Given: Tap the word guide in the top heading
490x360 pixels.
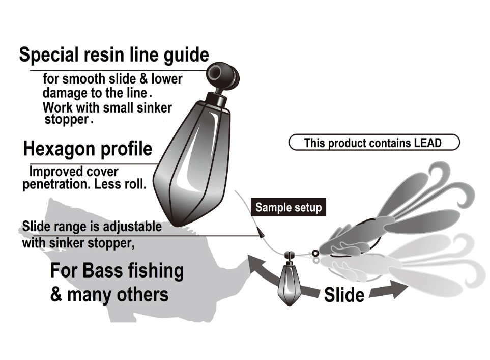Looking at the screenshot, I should [x=185, y=55].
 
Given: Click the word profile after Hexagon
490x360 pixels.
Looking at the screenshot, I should [x=126, y=149].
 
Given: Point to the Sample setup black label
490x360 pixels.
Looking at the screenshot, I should [x=289, y=207].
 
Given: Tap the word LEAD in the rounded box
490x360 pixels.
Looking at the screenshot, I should [x=426, y=143].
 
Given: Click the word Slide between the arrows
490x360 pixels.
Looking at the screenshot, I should [x=344, y=295].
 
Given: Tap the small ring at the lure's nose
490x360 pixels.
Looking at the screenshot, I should [x=315, y=253].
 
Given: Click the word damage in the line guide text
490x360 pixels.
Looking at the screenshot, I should [x=60, y=93].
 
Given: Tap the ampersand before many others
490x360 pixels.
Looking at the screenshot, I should [x=56, y=294].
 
